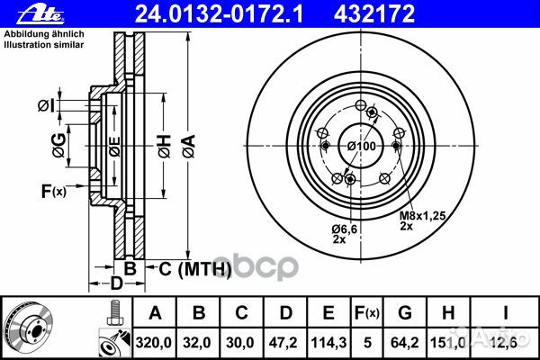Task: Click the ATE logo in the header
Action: (40, 14)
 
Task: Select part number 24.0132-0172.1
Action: (219, 14)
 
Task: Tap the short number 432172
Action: (374, 14)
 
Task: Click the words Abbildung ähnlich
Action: (44, 34)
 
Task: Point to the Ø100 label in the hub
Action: (361, 146)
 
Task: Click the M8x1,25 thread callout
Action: (422, 216)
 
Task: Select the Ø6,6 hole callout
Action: (345, 229)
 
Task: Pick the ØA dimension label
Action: (189, 147)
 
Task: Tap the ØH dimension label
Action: (165, 147)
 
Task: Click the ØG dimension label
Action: (58, 146)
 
